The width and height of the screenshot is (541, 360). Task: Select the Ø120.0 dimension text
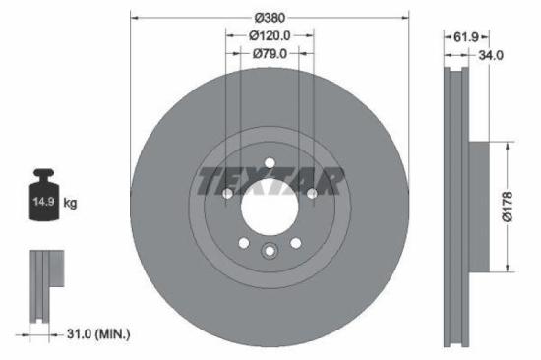click(x=270, y=35)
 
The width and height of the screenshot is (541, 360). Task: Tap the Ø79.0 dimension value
click(x=270, y=54)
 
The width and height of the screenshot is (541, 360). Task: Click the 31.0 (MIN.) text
click(x=90, y=334)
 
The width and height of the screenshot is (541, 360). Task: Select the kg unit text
click(x=70, y=203)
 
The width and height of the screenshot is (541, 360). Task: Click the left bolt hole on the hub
click(x=227, y=194)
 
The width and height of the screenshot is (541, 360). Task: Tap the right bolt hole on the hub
click(x=312, y=194)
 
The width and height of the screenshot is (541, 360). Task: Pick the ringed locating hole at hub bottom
click(x=270, y=252)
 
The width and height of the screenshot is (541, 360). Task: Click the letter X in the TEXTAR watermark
click(x=258, y=181)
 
